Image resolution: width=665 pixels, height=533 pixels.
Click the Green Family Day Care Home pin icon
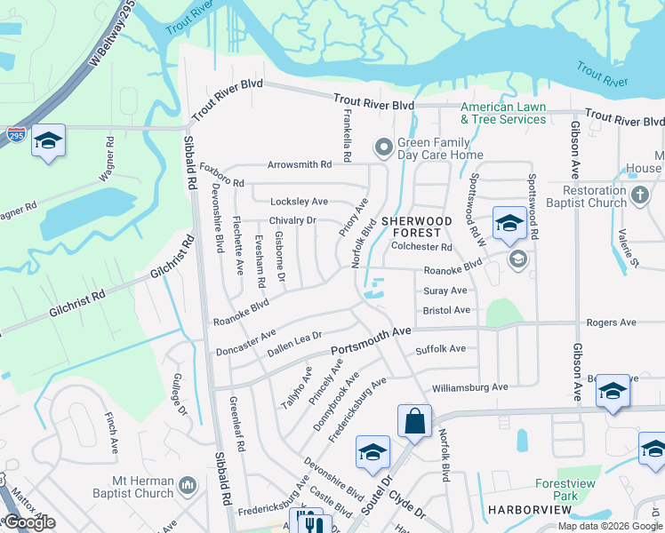click(x=384, y=147)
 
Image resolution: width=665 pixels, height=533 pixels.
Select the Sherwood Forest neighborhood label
click(x=417, y=226)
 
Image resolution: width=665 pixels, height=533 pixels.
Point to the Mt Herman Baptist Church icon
click(x=187, y=485)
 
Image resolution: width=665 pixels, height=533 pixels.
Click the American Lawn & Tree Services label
click(x=502, y=113)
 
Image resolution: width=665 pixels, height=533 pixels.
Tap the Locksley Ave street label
click(x=299, y=202)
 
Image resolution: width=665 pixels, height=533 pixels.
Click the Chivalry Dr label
click(x=292, y=220)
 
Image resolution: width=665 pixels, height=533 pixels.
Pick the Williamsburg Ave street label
click(x=469, y=387)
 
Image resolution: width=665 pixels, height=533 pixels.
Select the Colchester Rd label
click(x=422, y=248)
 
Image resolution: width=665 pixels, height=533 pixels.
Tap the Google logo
click(x=29, y=523)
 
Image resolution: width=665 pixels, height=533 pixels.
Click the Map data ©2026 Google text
click(x=611, y=526)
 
